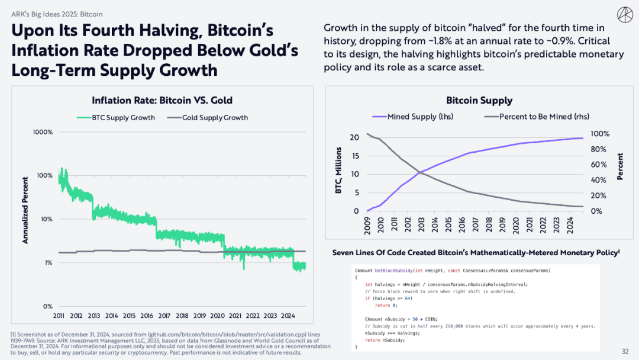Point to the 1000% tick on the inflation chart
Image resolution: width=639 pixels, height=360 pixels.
[42, 131]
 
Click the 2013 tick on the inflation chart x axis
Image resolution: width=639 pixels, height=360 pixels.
[95, 316]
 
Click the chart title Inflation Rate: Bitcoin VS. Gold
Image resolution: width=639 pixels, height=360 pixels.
[162, 100]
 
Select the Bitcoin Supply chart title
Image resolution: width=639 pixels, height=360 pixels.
[479, 101]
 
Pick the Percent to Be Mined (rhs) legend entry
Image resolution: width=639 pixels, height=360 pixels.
[537, 117]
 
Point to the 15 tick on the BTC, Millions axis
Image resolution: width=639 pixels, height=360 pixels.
[354, 156]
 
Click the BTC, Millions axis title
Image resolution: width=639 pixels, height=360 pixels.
[338, 173]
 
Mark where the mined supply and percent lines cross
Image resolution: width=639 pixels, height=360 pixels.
[420, 172]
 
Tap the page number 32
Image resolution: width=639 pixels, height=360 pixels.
[625, 351]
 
